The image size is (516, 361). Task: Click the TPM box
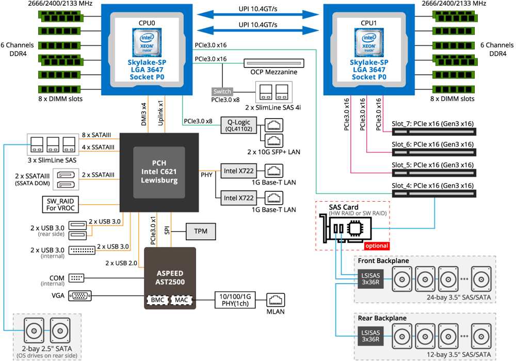pyautogui.click(x=201, y=232)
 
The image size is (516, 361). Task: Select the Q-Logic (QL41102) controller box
pyautogui.click(x=239, y=125)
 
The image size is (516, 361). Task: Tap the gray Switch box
pyautogui.click(x=222, y=91)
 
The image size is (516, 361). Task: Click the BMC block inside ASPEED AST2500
pyautogui.click(x=157, y=300)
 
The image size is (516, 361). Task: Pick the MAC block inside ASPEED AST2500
pyautogui.click(x=181, y=300)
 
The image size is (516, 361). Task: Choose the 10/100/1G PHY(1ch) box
pyautogui.click(x=235, y=300)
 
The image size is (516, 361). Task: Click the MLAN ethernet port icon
pyautogui.click(x=276, y=300)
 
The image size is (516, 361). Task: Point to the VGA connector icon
pyautogui.click(x=79, y=296)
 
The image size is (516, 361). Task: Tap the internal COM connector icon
pyautogui.click(x=76, y=278)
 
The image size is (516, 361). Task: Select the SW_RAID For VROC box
pyautogui.click(x=60, y=205)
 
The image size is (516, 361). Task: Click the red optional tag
pyautogui.click(x=377, y=245)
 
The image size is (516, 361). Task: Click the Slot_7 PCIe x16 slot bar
pyautogui.click(x=434, y=132)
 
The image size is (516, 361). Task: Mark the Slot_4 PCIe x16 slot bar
pyautogui.click(x=434, y=194)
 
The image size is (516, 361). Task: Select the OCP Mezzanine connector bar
pyautogui.click(x=274, y=63)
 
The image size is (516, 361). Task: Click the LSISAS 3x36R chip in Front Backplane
pyautogui.click(x=370, y=279)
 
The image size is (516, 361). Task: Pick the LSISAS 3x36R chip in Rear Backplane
pyautogui.click(x=370, y=336)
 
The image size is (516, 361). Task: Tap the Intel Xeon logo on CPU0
pyautogui.click(x=147, y=43)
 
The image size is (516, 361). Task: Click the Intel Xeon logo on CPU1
pyautogui.click(x=369, y=43)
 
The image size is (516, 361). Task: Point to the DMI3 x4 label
pyautogui.click(x=144, y=114)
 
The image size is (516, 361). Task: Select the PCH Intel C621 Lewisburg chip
pyautogui.click(x=159, y=172)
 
